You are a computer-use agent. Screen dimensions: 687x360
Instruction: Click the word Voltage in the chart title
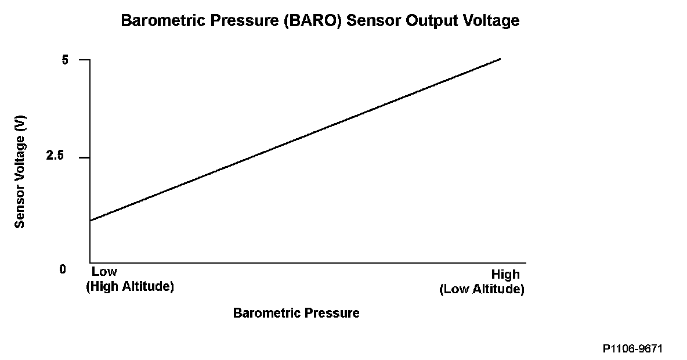489,21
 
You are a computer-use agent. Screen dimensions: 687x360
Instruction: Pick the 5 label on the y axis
66,60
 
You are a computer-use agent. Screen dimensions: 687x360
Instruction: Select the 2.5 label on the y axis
55,156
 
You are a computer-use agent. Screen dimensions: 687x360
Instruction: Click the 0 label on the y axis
63,269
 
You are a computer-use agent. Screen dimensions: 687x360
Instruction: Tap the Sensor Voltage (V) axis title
20,172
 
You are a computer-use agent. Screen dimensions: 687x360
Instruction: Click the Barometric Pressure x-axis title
296,312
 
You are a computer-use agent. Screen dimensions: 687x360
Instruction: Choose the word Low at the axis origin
104,271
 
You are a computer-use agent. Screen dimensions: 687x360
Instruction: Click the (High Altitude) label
130,287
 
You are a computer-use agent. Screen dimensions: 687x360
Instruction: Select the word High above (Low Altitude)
505,275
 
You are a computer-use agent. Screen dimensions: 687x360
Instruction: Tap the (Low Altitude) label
482,289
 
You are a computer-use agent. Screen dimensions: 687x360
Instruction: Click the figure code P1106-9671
632,349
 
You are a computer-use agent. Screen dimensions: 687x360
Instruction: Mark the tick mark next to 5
85,60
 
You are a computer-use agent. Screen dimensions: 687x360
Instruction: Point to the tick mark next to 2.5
85,157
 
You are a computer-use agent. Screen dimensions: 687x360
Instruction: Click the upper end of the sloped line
500,59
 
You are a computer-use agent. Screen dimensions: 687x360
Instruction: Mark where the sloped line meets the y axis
91,221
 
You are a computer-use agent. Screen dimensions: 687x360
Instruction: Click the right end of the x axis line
526,263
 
